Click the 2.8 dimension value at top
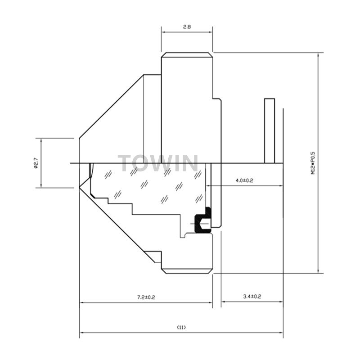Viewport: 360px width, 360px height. click(x=187, y=27)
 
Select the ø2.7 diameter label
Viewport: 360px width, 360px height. click(x=36, y=163)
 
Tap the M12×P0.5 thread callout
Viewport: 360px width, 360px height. click(x=313, y=163)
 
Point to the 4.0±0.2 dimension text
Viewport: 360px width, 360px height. click(x=244, y=180)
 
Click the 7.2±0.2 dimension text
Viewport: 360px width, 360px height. click(x=146, y=297)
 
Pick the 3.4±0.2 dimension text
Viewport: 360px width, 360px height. click(x=252, y=297)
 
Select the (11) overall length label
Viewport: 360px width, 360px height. click(x=181, y=328)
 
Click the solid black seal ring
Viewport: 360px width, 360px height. click(x=202, y=220)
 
